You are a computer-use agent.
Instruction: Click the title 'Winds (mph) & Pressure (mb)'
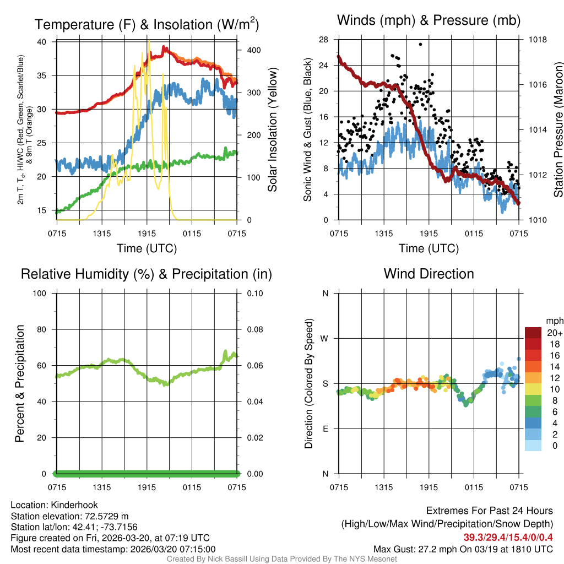429,21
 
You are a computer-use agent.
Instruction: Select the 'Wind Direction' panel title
429,274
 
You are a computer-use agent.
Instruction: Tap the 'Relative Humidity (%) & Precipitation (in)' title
146,274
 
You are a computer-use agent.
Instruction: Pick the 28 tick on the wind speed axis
324,40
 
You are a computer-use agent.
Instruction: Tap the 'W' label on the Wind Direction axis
324,338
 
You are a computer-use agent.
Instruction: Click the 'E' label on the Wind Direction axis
325,429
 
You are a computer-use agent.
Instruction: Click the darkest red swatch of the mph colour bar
533,333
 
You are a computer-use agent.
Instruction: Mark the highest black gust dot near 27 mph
420,45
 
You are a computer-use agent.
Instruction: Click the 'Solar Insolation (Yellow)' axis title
273,130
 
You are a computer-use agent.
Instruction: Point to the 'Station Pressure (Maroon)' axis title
558,130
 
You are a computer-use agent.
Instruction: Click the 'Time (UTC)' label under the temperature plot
147,248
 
